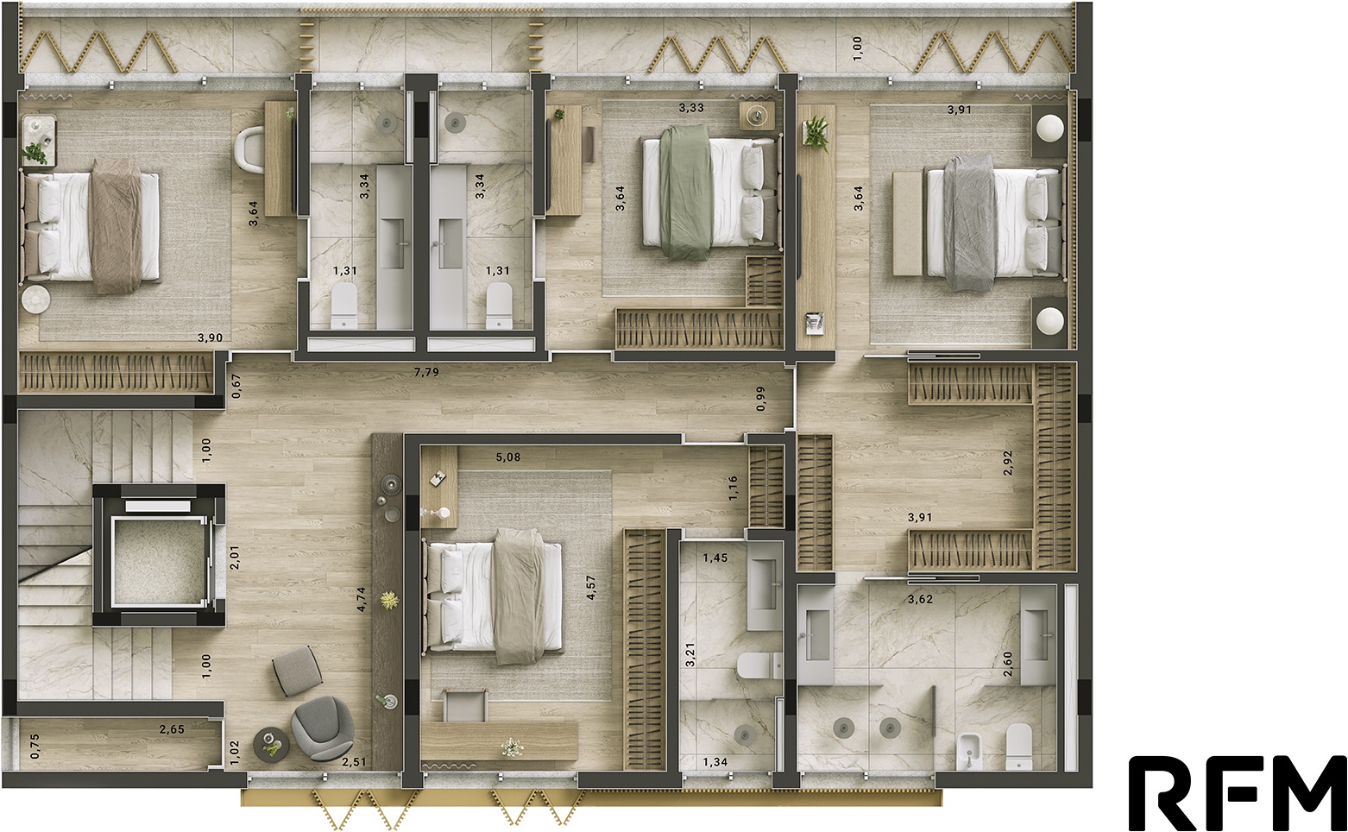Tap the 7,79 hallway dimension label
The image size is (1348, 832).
point(426,372)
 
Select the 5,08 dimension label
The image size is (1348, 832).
point(508,457)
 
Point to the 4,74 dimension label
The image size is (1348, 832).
point(361,599)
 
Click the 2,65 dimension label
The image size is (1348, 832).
point(172,729)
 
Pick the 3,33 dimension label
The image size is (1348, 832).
point(691,108)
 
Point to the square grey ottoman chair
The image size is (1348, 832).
point(296,671)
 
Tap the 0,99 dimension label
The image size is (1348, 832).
point(760,399)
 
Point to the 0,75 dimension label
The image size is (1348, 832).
point(35,745)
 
